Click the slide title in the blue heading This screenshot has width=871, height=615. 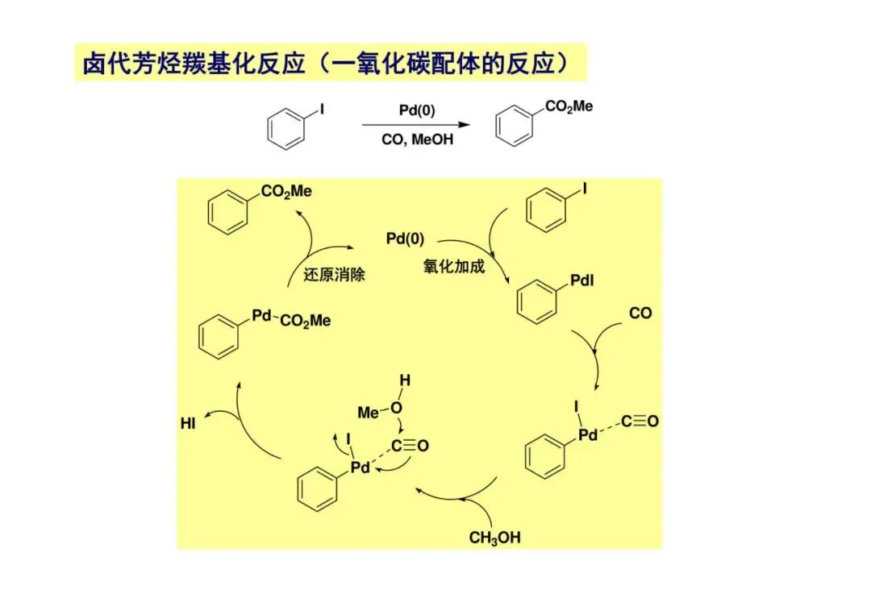point(331,64)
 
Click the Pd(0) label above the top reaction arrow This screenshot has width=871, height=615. point(417,110)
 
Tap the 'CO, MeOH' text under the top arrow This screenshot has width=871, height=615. point(417,139)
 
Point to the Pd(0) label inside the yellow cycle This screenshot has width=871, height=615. point(405,239)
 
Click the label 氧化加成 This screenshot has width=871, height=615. point(454,267)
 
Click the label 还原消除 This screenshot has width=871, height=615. point(335,275)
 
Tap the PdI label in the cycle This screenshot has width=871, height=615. point(583,281)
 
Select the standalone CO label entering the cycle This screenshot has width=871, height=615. point(640,313)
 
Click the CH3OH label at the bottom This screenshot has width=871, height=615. point(494,538)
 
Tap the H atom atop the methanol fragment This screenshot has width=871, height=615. point(405,380)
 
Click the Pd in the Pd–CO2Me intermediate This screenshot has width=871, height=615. point(261,316)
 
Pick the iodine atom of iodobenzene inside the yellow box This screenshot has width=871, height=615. point(586,190)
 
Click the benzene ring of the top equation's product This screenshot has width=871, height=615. point(513,129)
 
